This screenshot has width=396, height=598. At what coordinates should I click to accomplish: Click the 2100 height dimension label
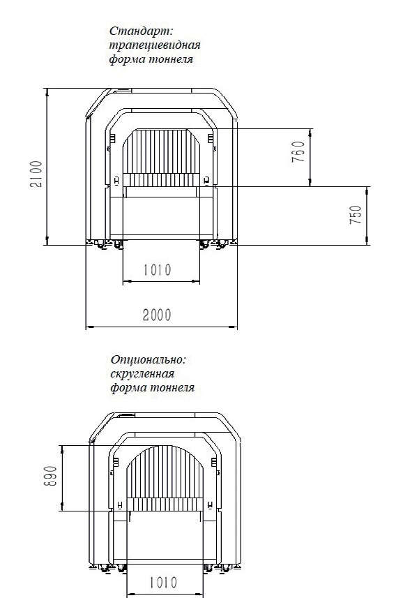tap(36, 174)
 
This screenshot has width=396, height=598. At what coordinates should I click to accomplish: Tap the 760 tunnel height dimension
tap(298, 151)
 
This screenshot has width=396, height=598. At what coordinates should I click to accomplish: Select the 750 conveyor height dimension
tap(356, 214)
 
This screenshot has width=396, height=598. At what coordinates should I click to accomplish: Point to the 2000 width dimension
tap(157, 315)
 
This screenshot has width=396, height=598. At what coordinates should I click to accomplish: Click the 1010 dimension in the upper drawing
tap(158, 270)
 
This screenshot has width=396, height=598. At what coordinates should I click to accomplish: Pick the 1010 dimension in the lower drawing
tap(163, 583)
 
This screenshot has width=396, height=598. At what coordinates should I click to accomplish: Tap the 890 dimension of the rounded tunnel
tap(51, 476)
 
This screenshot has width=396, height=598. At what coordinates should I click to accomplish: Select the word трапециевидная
tap(155, 45)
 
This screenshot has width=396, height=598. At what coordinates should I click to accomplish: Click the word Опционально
tap(148, 359)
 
